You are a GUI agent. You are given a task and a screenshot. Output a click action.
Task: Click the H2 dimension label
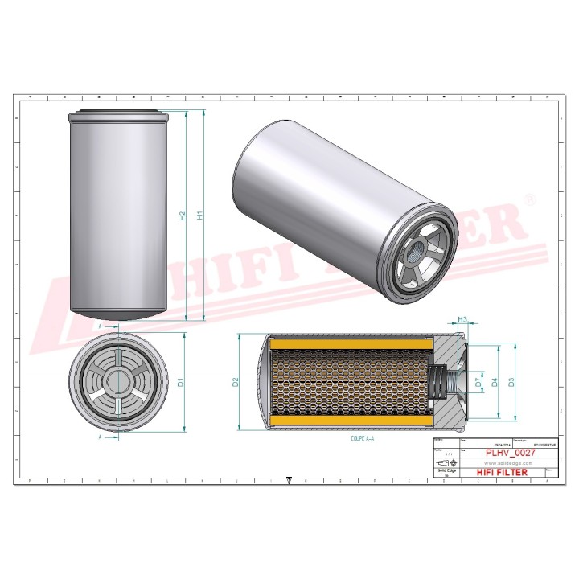click(x=183, y=216)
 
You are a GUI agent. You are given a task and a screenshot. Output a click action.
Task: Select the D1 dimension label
click(x=182, y=383)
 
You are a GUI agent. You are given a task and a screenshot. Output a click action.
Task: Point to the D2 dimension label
click(x=236, y=382)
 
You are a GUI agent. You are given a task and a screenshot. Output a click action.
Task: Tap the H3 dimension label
click(x=462, y=321)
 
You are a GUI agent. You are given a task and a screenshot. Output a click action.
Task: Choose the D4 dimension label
click(x=495, y=383)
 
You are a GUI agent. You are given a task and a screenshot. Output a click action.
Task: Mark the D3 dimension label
click(x=512, y=383)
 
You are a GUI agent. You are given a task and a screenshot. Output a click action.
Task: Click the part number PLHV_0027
click(x=511, y=454)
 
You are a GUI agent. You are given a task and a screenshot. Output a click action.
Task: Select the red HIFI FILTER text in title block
click(x=503, y=472)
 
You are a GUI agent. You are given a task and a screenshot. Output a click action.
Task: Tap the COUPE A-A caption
click(x=363, y=439)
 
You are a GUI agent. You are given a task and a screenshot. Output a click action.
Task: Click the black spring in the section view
click(x=439, y=382)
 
